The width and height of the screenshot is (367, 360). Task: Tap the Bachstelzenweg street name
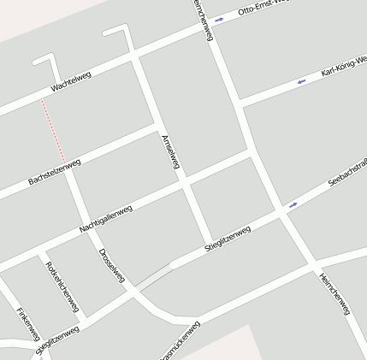click(54, 172)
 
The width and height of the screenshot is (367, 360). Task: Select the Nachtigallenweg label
click(105, 219)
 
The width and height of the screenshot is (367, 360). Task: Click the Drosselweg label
click(112, 266)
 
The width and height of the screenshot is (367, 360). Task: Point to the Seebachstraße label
click(348, 173)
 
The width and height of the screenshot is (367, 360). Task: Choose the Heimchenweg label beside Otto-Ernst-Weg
click(203, 19)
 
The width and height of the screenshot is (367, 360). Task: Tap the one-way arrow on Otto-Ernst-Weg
click(220, 19)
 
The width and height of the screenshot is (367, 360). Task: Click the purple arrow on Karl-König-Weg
click(301, 82)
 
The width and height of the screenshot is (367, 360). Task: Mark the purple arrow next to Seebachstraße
click(293, 204)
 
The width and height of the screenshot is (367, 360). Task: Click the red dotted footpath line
click(53, 131)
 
